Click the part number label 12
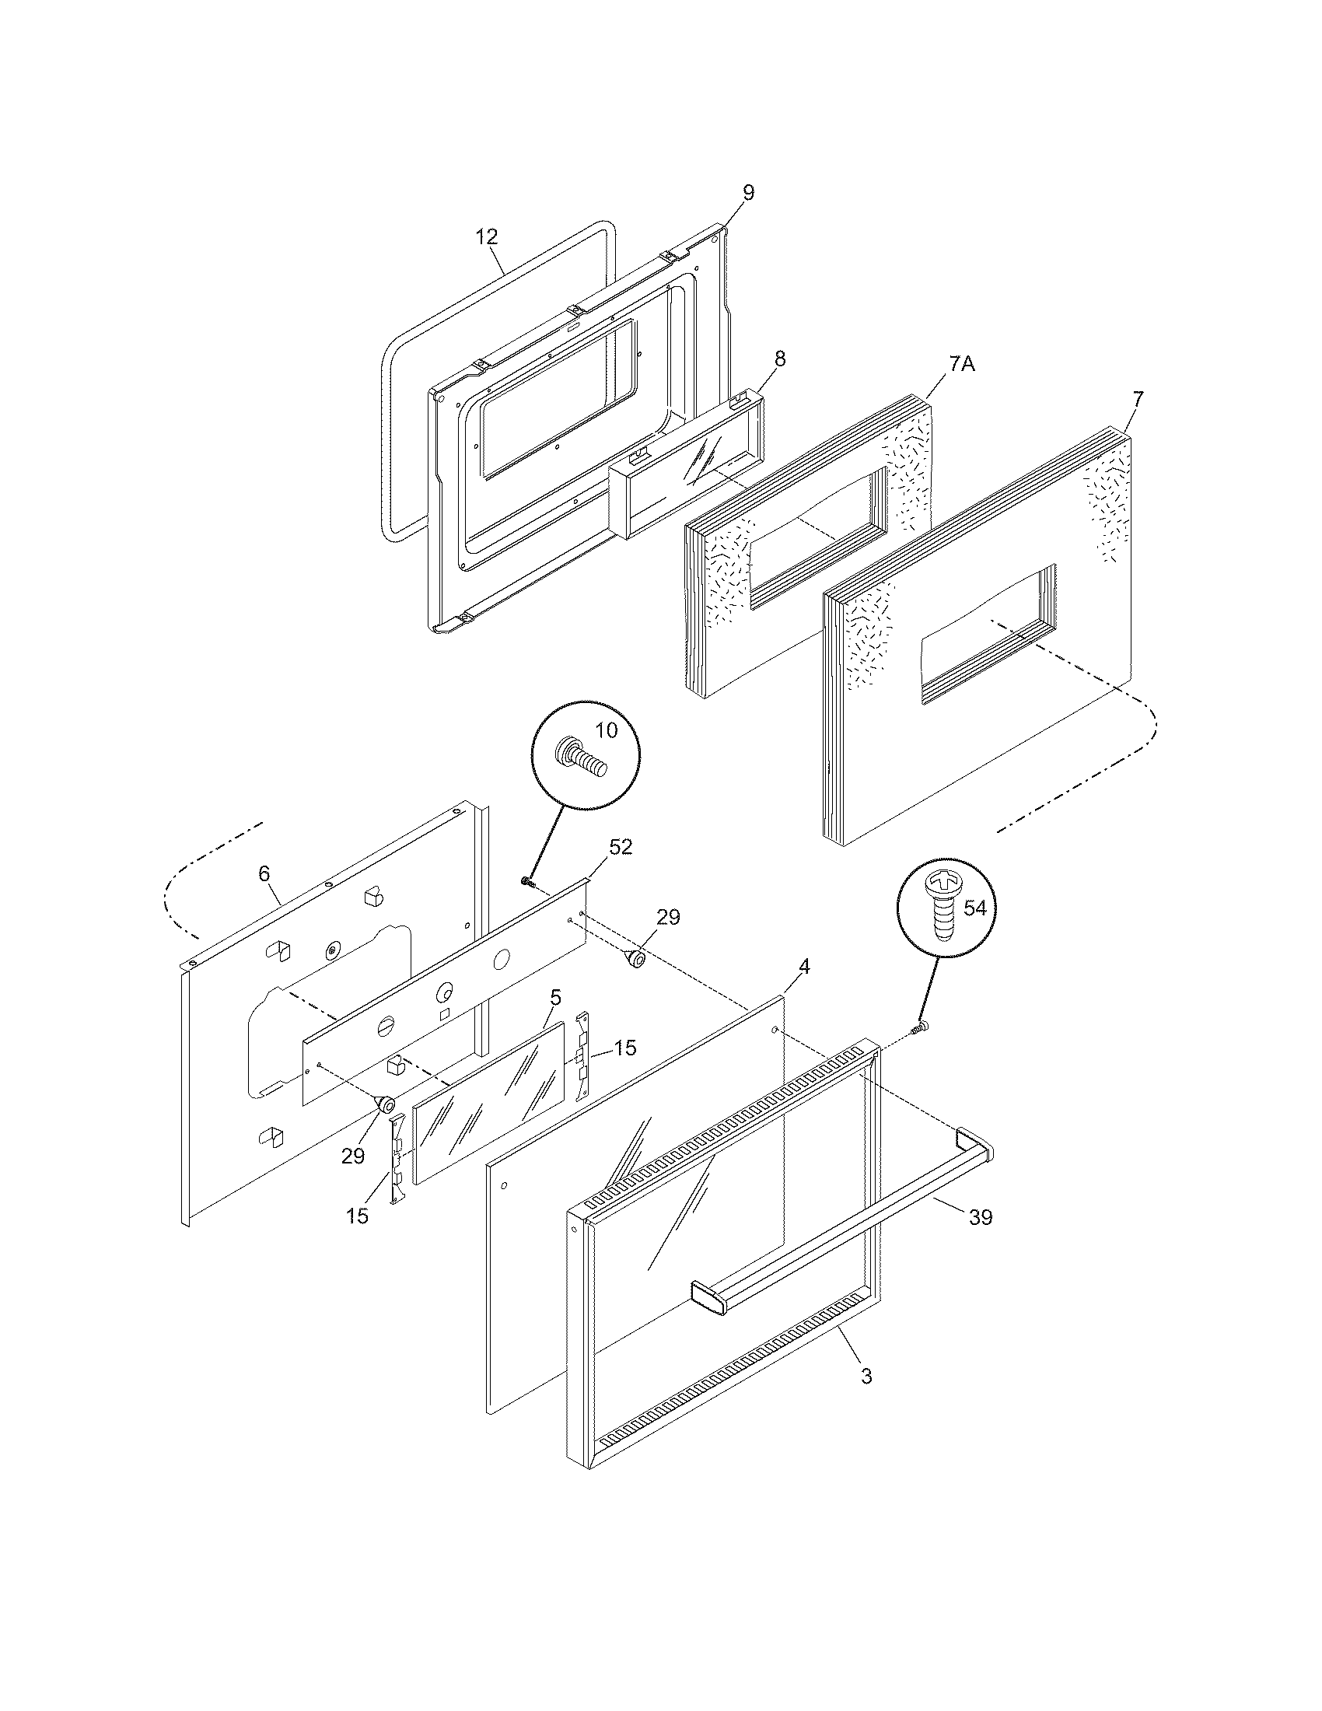point(487,236)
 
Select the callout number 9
point(748,193)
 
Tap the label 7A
point(962,364)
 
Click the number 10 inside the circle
point(607,730)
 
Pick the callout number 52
point(621,847)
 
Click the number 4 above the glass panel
point(803,967)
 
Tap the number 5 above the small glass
point(555,997)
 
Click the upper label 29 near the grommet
point(668,917)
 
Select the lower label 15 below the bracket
point(357,1216)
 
